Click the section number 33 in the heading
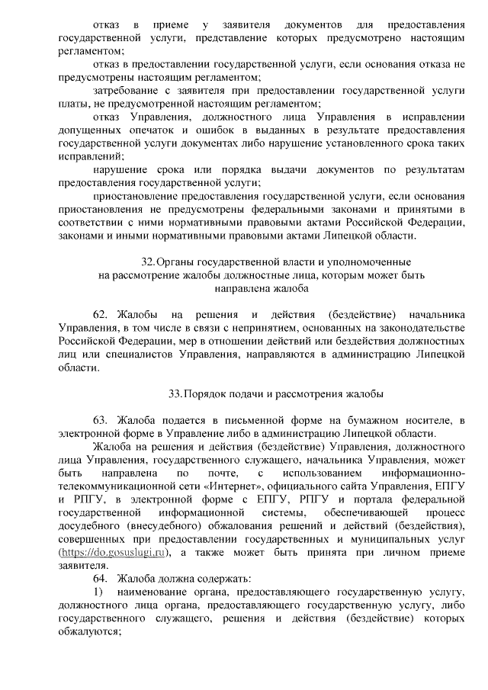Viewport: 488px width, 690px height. (x=175, y=393)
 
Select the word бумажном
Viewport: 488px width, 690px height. (x=377, y=420)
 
